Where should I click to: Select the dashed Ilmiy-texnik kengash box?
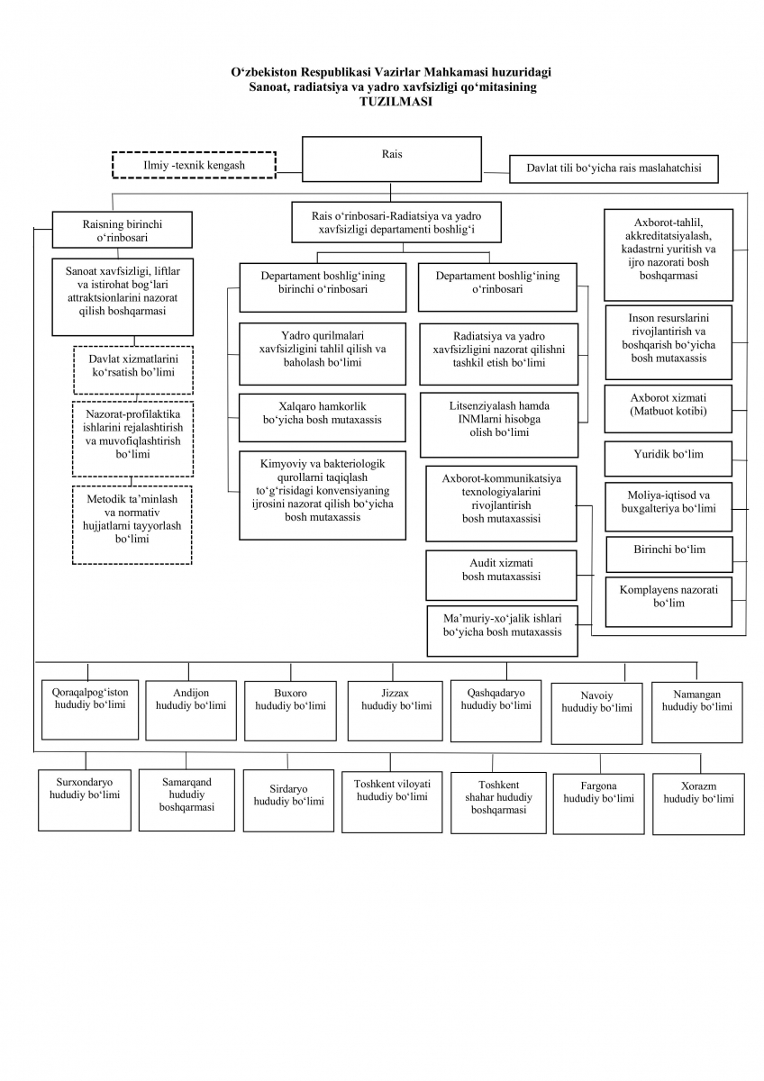pyautogui.click(x=193, y=166)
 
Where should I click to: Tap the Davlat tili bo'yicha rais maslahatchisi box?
pyautogui.click(x=614, y=168)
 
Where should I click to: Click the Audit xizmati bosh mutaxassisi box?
pyautogui.click(x=500, y=575)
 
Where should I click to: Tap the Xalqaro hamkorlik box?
pyautogui.click(x=322, y=413)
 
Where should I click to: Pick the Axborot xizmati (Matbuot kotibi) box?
pyautogui.click(x=668, y=408)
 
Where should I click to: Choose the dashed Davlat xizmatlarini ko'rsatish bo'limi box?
pyautogui.click(x=132, y=369)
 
